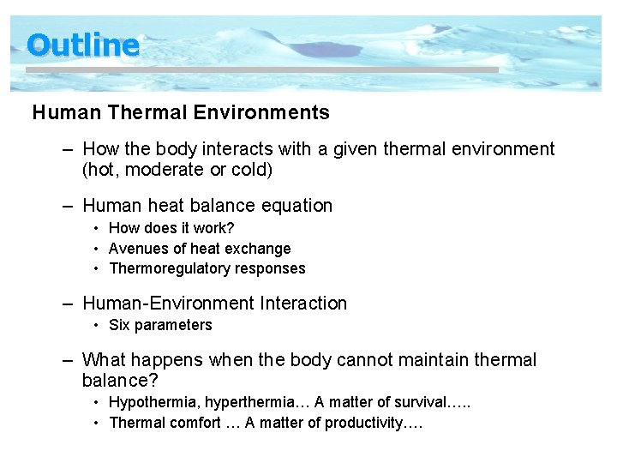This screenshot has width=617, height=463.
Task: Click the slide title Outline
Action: coord(82,45)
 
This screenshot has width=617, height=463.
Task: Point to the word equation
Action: coord(297,206)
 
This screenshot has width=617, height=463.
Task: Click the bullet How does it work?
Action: coord(171,228)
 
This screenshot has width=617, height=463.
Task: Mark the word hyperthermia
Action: coord(237,402)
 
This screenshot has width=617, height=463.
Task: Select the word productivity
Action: coord(360,423)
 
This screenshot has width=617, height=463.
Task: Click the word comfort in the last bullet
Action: coord(196,423)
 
